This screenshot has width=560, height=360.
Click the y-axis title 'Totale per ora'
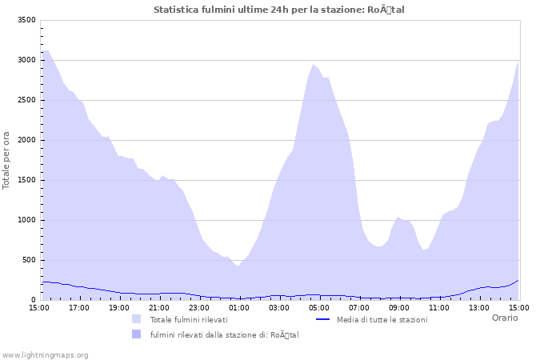coord(7,160)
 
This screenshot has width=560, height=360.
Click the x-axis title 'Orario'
coord(504,318)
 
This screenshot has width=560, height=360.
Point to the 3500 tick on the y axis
coord(26,20)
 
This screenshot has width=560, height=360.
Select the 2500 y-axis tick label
coord(26,100)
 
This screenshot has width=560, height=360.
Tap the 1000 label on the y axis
coord(26,220)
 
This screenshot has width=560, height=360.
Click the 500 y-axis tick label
coord(29,260)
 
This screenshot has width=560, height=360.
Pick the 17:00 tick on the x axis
coord(79,307)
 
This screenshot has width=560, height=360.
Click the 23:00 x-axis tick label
coord(199,307)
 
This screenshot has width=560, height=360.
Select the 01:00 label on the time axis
coord(239,307)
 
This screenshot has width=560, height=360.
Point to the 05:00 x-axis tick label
coord(319,307)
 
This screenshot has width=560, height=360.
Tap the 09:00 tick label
coord(399,307)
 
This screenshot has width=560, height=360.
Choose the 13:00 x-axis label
coord(479,307)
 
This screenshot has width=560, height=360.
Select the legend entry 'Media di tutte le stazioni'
coord(382,319)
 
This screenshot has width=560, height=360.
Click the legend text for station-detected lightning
coord(224,334)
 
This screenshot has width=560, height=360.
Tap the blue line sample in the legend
coord(323,319)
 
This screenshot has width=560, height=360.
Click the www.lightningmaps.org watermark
coord(45,354)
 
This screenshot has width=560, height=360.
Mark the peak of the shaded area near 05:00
coord(314,64)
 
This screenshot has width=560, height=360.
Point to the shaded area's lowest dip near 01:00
coord(238,266)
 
